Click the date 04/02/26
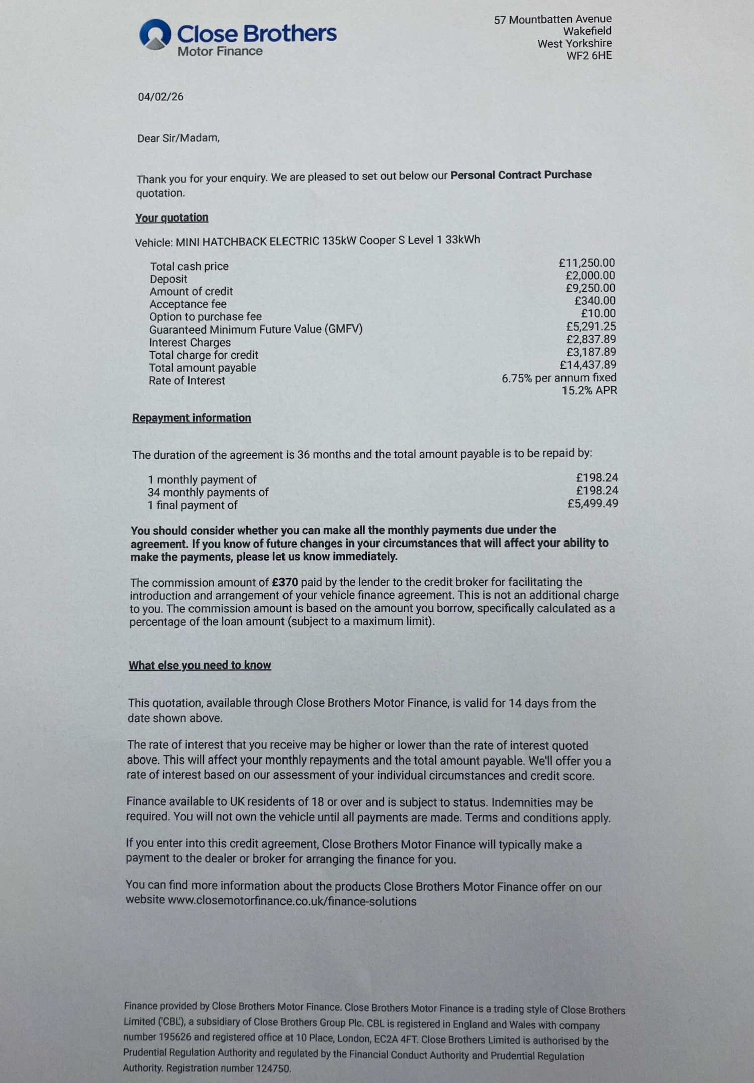pos(161,97)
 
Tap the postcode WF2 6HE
pos(589,56)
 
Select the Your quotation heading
pos(171,218)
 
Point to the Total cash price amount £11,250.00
pos(587,263)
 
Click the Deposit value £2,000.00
pos(590,275)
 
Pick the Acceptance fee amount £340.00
pos(595,301)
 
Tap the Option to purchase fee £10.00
pos(598,313)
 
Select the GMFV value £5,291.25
pos(591,327)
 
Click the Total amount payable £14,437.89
pos(588,365)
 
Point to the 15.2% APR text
pos(589,390)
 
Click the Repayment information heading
pos(192,418)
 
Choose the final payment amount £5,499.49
pos(593,503)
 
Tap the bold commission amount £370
pos(285,582)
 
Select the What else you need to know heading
pos(200,665)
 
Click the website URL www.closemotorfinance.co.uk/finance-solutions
pos(292,901)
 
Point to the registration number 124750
pos(273,1068)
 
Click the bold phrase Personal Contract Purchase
pos(521,175)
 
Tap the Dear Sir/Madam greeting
pos(178,138)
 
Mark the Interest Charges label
pos(190,343)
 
